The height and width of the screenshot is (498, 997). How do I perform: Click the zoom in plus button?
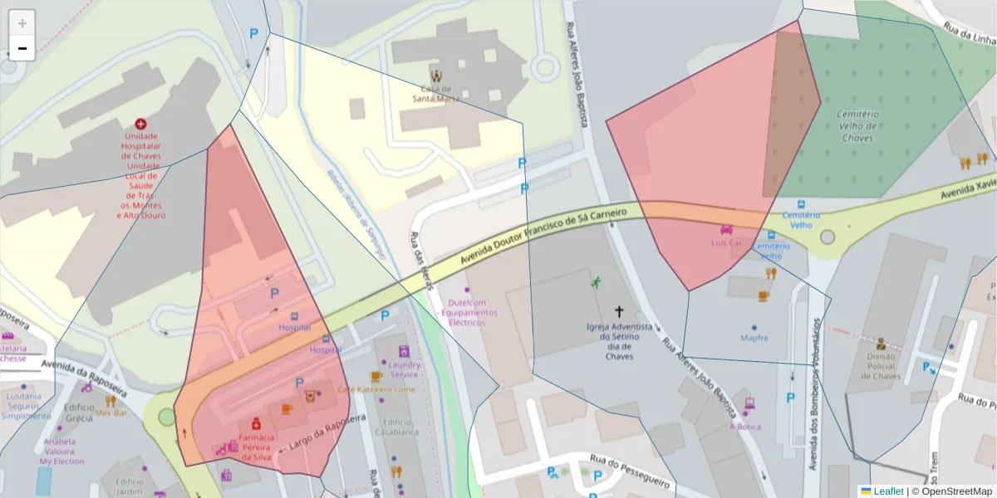click(22, 23)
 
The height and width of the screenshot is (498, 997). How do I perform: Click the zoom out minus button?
click(22, 48)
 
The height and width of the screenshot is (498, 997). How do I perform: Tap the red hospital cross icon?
click(140, 123)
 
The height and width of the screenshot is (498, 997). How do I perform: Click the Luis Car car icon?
click(727, 230)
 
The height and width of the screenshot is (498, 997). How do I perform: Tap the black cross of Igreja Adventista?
click(619, 311)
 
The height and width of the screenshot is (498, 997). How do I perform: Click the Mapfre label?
click(754, 338)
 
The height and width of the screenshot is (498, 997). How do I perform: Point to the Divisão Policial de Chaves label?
click(881, 366)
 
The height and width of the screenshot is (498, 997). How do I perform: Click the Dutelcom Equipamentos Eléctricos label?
click(471, 313)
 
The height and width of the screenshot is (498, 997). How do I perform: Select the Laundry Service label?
click(404, 369)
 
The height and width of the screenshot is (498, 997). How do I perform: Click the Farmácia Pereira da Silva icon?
click(256, 425)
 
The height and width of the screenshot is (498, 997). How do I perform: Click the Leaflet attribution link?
click(887, 491)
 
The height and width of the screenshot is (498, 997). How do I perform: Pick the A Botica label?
click(745, 427)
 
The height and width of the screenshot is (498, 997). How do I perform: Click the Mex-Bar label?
click(111, 413)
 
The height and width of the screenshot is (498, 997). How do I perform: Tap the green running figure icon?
click(596, 282)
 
